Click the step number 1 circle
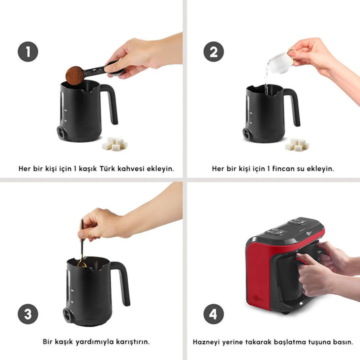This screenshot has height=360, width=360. (28, 51)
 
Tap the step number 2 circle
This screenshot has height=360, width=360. (213, 51)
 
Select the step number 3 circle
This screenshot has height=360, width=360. (28, 314)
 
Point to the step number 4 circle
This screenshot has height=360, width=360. (213, 314)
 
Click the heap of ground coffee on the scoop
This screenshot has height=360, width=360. (74, 75)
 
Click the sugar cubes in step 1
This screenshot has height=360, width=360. (115, 144)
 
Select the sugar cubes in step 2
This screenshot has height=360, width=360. (297, 144)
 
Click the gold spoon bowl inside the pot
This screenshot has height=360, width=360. (81, 264)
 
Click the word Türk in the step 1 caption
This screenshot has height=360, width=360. (107, 168)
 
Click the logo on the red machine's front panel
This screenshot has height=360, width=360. (257, 298)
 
